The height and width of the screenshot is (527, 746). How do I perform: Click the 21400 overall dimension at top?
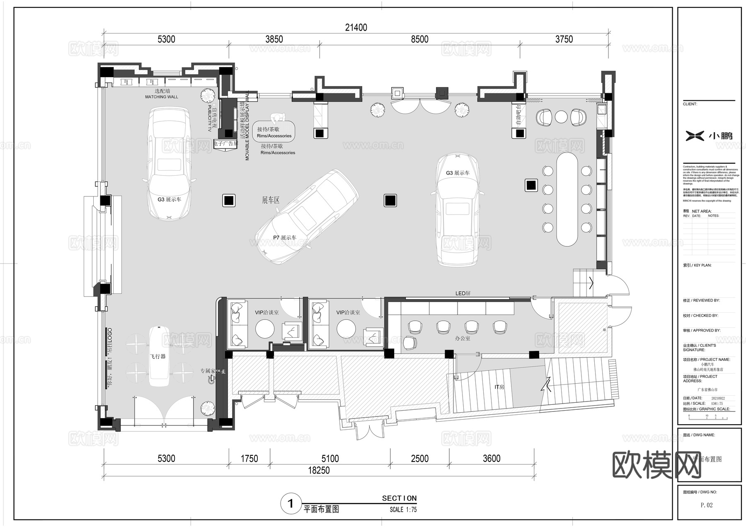point(356,27)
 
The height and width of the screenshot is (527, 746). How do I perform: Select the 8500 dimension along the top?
point(419,39)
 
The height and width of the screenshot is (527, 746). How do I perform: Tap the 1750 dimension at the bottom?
point(249,459)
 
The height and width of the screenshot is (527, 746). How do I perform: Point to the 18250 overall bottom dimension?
point(319,471)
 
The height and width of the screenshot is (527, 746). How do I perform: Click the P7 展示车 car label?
point(284,238)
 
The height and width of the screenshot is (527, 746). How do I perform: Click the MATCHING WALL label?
point(161,97)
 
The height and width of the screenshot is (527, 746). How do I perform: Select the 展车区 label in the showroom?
point(271,200)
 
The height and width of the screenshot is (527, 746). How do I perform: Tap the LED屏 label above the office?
point(463,293)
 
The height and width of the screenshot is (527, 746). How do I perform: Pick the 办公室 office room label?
point(463,338)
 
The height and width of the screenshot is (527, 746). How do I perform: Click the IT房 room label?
point(499,387)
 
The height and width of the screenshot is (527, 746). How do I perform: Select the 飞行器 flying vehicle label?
point(157,356)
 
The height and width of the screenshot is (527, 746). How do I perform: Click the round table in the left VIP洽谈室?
point(265,329)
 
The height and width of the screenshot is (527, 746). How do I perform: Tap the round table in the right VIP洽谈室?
point(346,329)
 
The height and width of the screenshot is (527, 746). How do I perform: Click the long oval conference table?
point(567,199)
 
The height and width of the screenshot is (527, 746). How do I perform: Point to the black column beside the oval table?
point(531,185)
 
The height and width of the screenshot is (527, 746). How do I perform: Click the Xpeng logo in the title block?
point(695,135)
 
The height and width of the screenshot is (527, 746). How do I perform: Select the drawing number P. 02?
point(707,505)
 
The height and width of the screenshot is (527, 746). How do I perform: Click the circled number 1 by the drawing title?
point(291,504)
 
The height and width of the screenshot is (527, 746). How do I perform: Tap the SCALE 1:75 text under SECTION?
point(403,510)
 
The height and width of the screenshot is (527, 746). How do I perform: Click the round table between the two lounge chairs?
point(561,117)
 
